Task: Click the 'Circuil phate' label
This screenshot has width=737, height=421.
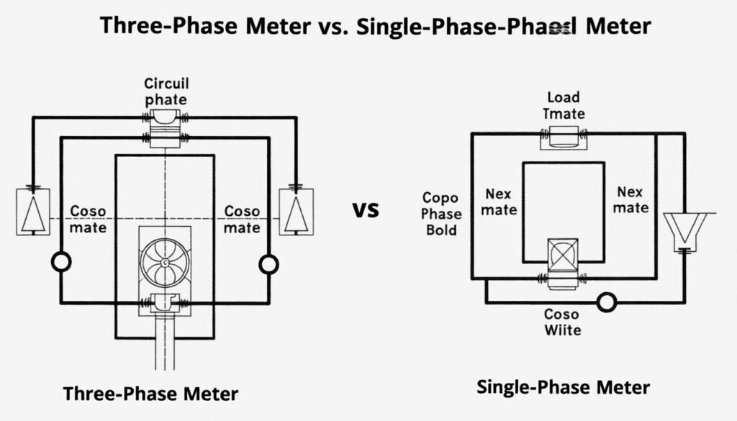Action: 166,91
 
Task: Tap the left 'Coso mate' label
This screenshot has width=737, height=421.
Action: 89,219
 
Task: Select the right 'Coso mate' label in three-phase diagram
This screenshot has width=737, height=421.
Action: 243,219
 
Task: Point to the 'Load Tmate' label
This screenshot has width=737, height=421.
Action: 564,105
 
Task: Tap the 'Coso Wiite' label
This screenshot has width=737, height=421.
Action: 562,322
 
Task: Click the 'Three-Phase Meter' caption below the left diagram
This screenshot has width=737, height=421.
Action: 150,394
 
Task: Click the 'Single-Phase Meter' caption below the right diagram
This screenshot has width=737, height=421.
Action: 564,387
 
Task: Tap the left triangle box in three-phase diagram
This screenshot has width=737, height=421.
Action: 33,210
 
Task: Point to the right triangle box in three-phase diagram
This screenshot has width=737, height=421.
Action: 297,210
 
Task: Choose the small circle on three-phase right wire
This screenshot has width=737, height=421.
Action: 268,264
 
